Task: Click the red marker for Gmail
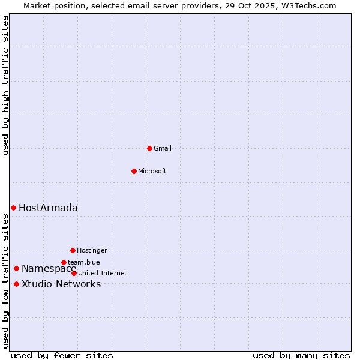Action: pos(149,148)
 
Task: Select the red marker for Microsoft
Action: pos(134,171)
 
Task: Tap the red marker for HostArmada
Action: pos(13,208)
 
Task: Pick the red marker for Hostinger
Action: pos(73,250)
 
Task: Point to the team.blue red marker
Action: pos(64,262)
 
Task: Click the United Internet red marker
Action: pos(74,273)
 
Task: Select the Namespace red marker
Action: pos(16,268)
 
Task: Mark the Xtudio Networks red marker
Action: pos(16,284)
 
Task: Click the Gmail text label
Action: pos(163,148)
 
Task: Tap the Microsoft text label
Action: pos(152,171)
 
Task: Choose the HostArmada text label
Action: pos(48,208)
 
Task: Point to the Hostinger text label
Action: pos(92,250)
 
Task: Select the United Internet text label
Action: pos(103,273)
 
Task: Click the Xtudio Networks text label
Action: pos(61,284)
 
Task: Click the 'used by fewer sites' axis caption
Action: pos(62,355)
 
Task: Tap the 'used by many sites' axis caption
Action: pos(301,355)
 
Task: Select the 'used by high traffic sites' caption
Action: pos(6,85)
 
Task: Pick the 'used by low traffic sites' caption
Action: pos(6,282)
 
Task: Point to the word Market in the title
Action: pos(38,5)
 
